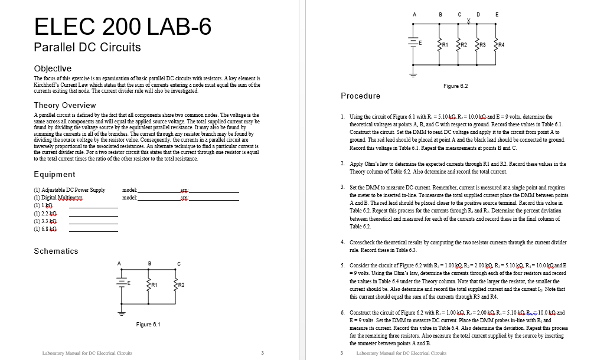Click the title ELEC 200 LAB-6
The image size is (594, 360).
coord(123,27)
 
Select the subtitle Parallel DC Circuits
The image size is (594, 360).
coord(87,47)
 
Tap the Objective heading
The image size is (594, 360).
coord(53,68)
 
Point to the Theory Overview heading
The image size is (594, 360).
coord(65,105)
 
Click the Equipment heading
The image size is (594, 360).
coord(54,174)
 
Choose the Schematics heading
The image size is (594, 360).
coord(56,251)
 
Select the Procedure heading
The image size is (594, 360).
coord(360,96)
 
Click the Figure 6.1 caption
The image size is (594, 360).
coord(148,325)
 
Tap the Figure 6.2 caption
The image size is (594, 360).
coord(455,86)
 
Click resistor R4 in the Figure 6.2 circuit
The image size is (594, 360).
coord(496,44)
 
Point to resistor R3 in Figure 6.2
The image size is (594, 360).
coord(478,44)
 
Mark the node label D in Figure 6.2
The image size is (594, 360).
coord(478,14)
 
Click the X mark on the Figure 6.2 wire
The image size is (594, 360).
coord(468,22)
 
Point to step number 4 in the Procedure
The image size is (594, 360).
coord(343,242)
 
